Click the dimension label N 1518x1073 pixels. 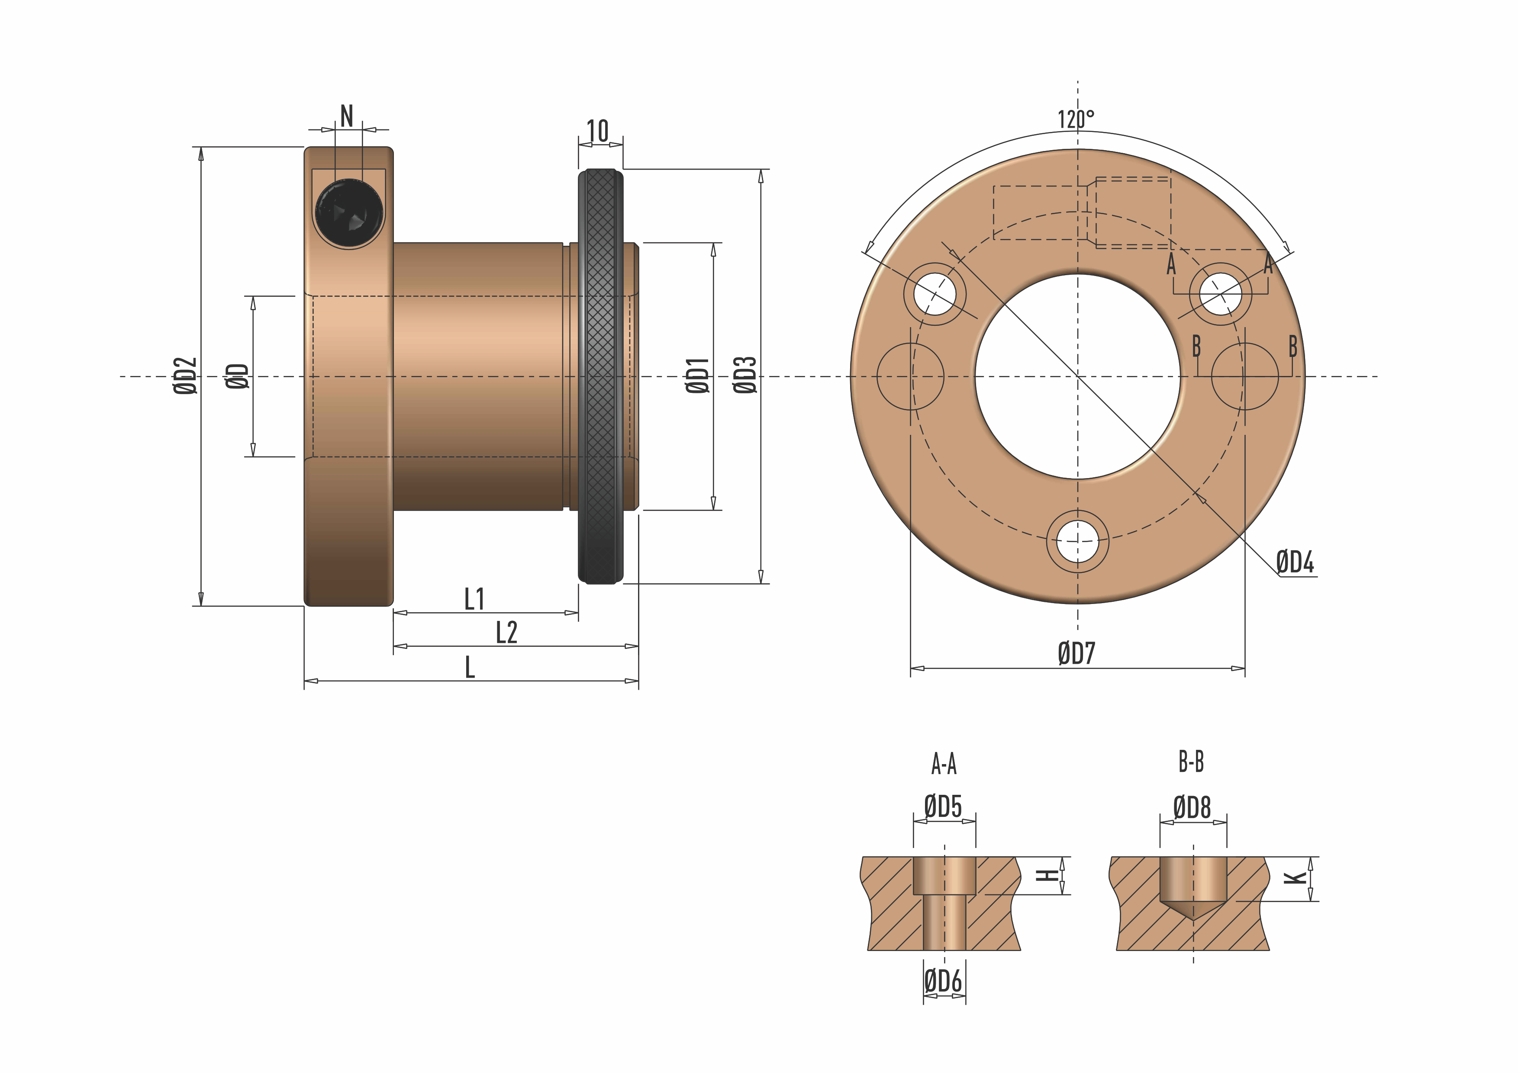point(346,116)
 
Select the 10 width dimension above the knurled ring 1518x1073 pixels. point(598,132)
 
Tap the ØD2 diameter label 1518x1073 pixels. point(185,376)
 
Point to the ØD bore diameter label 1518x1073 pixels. point(237,376)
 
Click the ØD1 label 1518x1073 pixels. point(697,376)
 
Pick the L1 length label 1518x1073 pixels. point(474,599)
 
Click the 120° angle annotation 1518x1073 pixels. point(1076,119)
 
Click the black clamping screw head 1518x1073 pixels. point(348,213)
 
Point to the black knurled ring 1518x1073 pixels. point(600,376)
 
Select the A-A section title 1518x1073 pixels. point(944,764)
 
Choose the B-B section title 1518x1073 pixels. point(1191,762)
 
